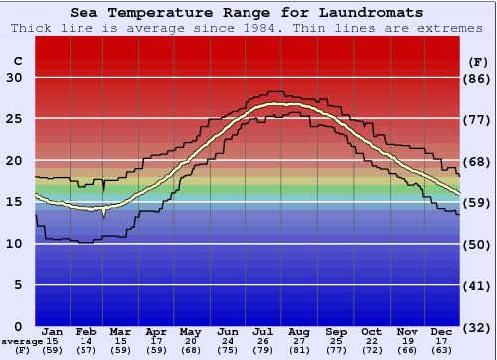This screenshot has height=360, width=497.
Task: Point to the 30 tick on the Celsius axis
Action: pos(15,77)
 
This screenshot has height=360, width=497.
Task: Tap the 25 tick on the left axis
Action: pos(15,118)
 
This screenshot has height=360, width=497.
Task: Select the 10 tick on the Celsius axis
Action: pos(15,244)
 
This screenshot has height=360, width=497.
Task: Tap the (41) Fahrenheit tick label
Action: pos(478,285)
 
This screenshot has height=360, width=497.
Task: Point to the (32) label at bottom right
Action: pos(478,326)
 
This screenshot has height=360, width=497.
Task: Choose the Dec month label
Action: pos(442,331)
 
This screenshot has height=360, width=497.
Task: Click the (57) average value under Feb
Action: pos(86,351)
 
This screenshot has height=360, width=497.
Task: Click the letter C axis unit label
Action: pos(17,61)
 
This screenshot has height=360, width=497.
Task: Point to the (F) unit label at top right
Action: pos(478,61)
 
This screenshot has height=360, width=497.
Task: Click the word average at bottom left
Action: pos(21,343)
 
